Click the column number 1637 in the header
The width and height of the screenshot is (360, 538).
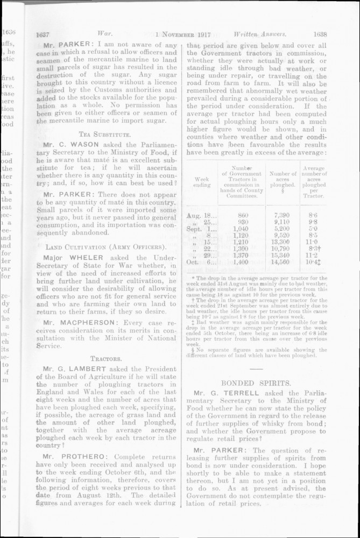pyautogui.click(x=43, y=33)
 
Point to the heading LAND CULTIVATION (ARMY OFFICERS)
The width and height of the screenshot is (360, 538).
pyautogui.click(x=105, y=247)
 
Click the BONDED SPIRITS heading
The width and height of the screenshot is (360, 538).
pyautogui.click(x=257, y=383)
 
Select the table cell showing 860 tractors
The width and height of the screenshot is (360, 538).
pyautogui.click(x=243, y=215)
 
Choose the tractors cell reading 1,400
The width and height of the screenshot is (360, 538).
pyautogui.click(x=242, y=262)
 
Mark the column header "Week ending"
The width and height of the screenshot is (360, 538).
pyautogui.click(x=202, y=181)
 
